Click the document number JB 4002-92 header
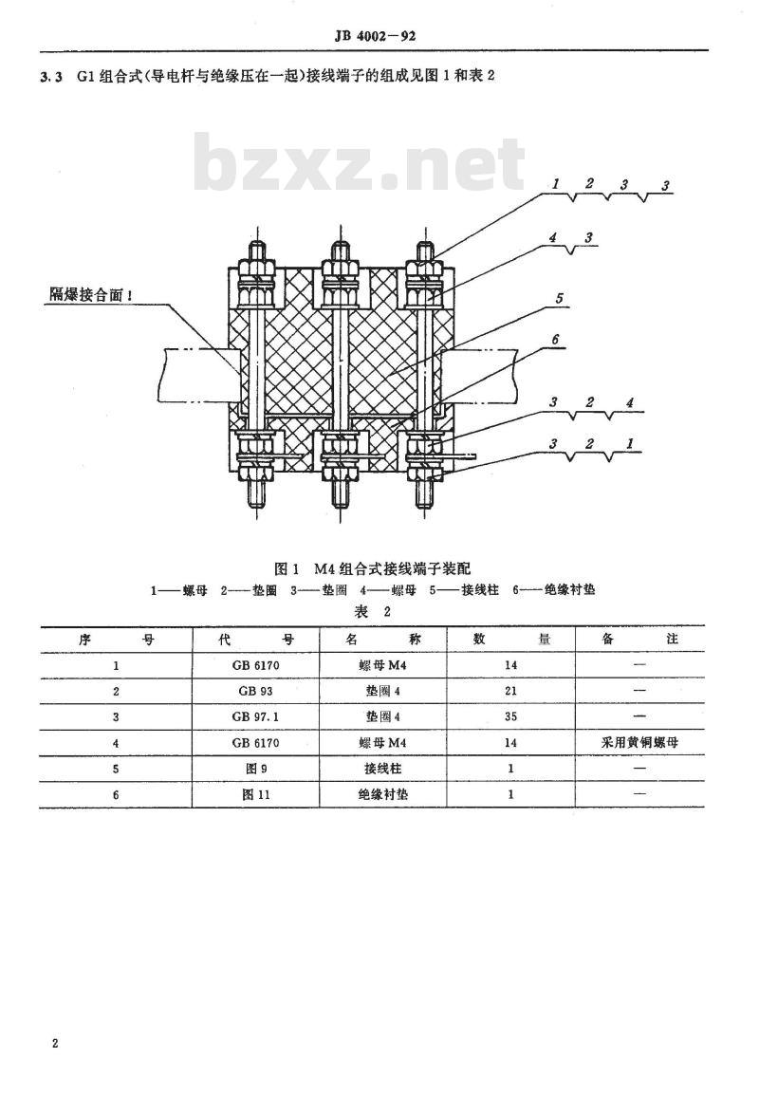(376, 36)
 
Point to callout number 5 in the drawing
(559, 299)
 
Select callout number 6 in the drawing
(556, 340)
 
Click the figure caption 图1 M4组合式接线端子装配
(373, 568)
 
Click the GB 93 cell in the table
(256, 691)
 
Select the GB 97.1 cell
(256, 716)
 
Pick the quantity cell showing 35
(510, 716)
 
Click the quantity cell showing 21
(510, 691)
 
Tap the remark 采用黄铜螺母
(639, 742)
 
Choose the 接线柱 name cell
(383, 769)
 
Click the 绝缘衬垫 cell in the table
(383, 794)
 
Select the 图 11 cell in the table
(256, 794)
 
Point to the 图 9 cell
(256, 769)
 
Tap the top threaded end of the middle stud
(341, 249)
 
